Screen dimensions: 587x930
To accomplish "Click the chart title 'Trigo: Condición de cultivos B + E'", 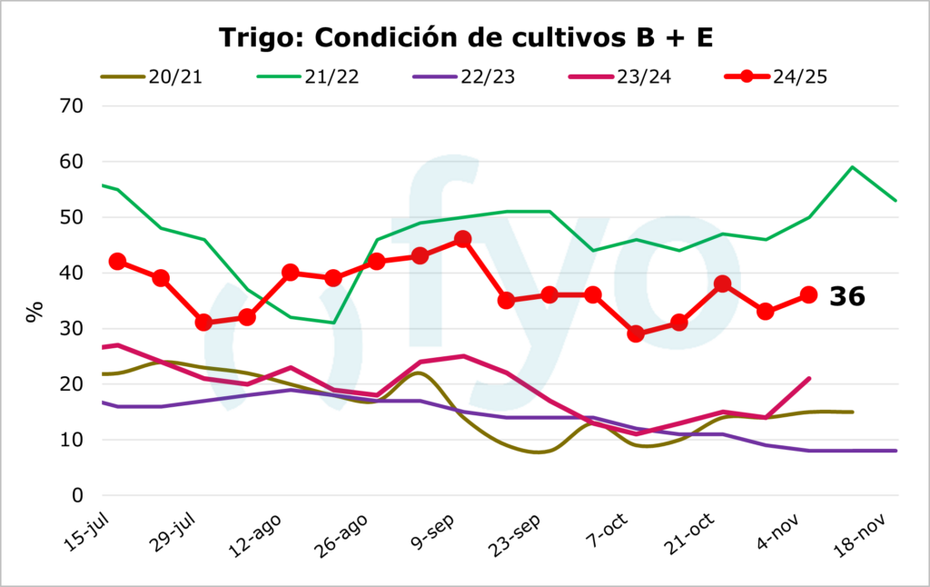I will pyautogui.click(x=464, y=37).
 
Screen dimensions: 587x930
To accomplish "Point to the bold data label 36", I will pyautogui.click(x=846, y=296).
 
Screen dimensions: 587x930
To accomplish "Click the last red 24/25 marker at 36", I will pyautogui.click(x=808, y=294).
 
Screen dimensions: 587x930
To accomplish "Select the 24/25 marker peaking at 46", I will pyautogui.click(x=462, y=239).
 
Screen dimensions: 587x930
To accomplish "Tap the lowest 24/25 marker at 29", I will pyautogui.click(x=636, y=333).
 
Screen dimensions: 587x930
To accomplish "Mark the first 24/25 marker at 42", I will pyautogui.click(x=117, y=262).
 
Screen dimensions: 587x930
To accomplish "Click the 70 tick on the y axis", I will pyautogui.click(x=72, y=106).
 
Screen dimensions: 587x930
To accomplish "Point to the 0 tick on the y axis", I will pyautogui.click(x=78, y=495).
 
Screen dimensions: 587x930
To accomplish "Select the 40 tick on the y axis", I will pyautogui.click(x=72, y=273).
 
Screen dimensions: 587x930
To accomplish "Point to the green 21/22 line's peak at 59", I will pyautogui.click(x=852, y=167).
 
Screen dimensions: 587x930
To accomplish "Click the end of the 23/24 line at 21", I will pyautogui.click(x=808, y=379).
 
